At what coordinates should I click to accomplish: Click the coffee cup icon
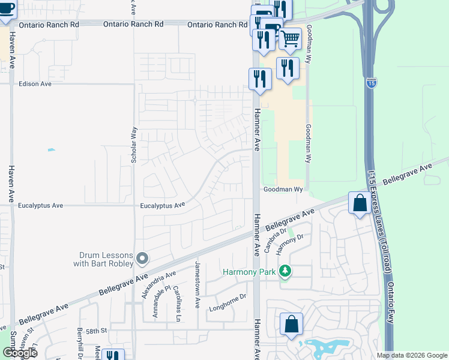[7, 10]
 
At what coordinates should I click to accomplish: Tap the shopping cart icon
[291, 39]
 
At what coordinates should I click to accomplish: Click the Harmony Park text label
[249, 272]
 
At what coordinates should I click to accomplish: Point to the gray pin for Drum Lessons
[142, 258]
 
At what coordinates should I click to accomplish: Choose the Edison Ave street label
[35, 84]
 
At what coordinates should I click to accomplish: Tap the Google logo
[19, 353]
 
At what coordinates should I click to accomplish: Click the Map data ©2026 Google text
[411, 355]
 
